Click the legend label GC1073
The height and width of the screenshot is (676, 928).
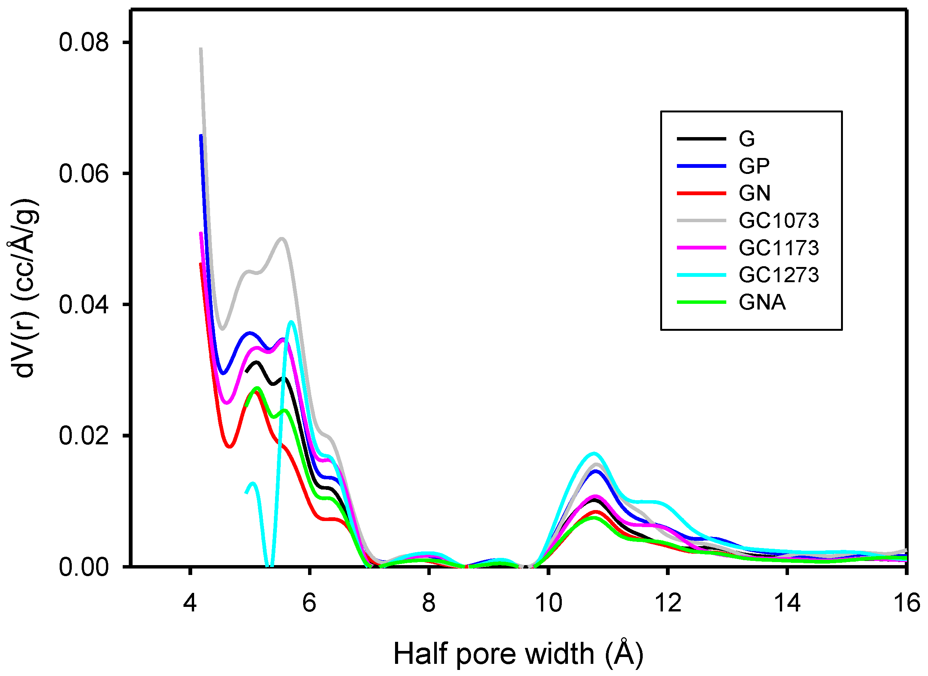click(778, 221)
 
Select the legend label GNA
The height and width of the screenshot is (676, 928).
click(762, 303)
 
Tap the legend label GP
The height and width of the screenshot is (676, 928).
click(754, 166)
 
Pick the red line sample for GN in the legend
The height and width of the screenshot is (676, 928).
click(701, 193)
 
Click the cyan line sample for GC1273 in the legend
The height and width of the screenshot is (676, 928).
click(701, 275)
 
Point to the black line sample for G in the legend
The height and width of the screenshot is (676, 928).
click(701, 139)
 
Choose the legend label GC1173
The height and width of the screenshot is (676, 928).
click(778, 248)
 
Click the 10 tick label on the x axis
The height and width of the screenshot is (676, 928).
click(548, 603)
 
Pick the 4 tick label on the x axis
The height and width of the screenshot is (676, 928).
click(190, 603)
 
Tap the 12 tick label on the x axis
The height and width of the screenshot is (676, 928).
click(668, 603)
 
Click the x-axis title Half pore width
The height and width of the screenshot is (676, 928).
click(518, 654)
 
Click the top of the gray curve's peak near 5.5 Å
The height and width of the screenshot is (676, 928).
click(282, 238)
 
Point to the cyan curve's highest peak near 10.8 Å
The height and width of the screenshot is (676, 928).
click(594, 453)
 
